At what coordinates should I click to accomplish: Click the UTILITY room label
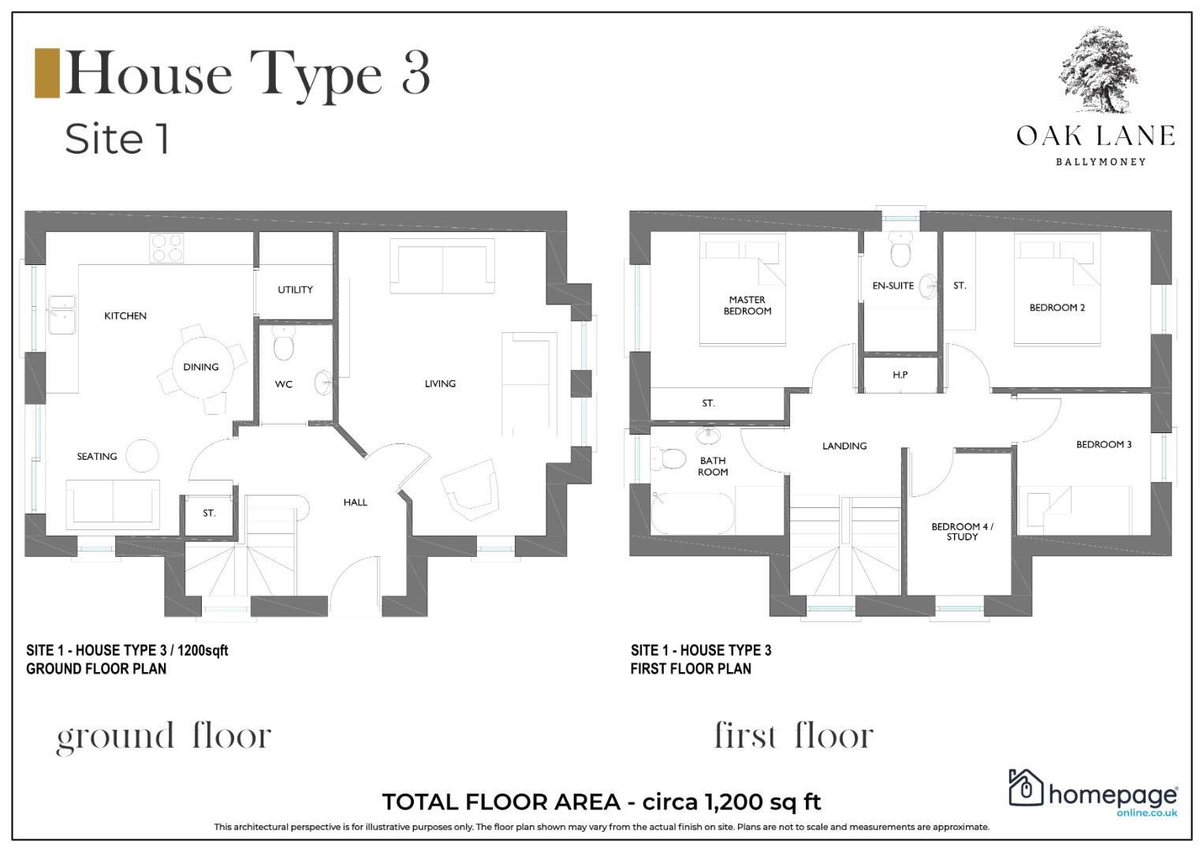click(295, 290)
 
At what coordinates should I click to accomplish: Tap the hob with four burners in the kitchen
click(166, 248)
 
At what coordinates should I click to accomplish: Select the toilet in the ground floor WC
click(283, 342)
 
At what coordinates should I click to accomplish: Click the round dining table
click(203, 368)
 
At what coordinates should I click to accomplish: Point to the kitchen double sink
click(62, 314)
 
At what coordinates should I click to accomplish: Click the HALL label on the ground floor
click(356, 503)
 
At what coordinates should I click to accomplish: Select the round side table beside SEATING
click(143, 456)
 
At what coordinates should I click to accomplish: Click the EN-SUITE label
click(893, 286)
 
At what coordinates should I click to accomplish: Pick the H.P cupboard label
click(900, 375)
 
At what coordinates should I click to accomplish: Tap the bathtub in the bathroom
click(692, 513)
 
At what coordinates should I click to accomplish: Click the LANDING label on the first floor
click(844, 446)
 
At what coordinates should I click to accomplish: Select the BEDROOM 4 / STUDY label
click(962, 532)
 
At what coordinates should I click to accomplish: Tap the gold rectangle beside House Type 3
click(47, 73)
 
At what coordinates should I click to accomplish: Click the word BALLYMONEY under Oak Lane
click(1101, 162)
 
